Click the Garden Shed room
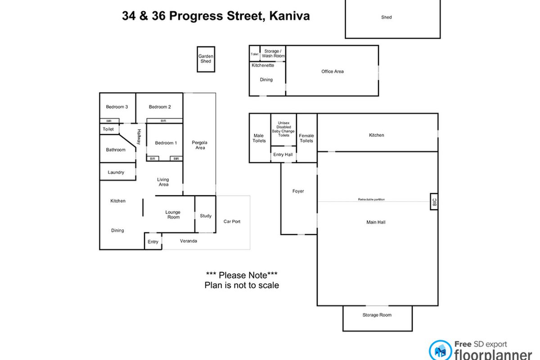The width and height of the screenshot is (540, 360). point(206,59)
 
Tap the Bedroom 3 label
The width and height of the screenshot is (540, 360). point(117,107)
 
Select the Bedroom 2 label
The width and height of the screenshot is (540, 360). point(160,107)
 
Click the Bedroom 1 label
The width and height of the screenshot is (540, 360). point(166,143)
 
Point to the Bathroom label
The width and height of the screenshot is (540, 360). point(116,150)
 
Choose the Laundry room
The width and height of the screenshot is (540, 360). point(116,172)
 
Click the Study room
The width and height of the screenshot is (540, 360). point(206,216)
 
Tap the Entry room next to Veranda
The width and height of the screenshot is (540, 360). point(153,242)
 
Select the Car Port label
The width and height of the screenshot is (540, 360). point(232,221)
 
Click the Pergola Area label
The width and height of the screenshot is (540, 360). point(200,145)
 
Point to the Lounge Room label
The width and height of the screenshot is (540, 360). point(173,215)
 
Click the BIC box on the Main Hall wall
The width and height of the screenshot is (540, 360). point(434,203)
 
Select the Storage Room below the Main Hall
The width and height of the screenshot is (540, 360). point(377,315)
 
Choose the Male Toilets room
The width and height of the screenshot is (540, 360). point(259,138)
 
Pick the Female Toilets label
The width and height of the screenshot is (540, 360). point(306,138)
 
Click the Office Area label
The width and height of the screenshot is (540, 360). point(333,72)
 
